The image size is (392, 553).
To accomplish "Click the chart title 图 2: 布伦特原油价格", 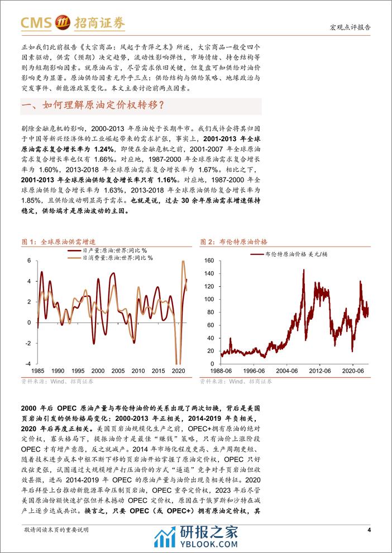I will tap(233, 242).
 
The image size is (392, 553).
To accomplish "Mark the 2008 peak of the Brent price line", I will tap(303, 271).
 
